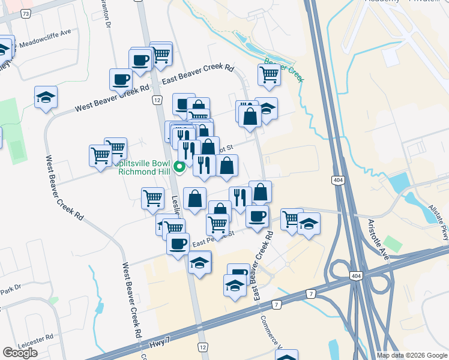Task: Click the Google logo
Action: (x=20, y=352)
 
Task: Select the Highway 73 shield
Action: (x=25, y=13)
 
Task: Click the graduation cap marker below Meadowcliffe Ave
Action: (x=46, y=98)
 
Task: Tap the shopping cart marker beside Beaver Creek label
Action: (x=269, y=74)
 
